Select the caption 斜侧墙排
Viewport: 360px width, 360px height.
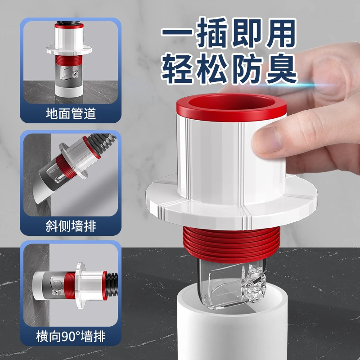click(x=71, y=225)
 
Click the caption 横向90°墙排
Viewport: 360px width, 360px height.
click(x=71, y=335)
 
